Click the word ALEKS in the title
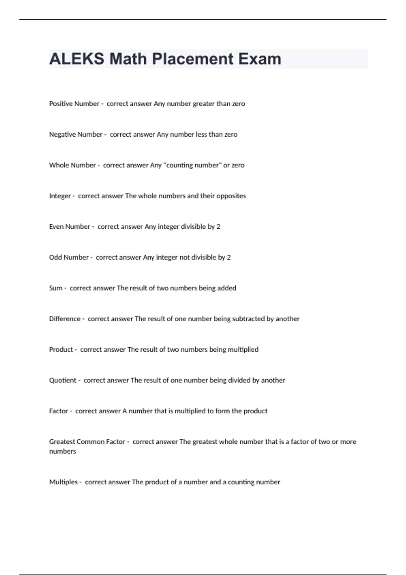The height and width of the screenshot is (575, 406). tap(76, 59)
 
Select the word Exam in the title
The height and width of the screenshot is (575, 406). tap(260, 59)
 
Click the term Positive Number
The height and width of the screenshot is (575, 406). tap(74, 104)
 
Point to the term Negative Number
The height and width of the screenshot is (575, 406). tap(75, 135)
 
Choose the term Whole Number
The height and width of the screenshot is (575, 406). tap(72, 165)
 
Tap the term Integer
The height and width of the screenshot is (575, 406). tap(60, 196)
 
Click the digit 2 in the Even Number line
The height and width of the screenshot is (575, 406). tap(218, 227)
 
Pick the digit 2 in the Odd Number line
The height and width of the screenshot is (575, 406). tap(229, 257)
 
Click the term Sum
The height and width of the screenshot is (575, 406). tap(55, 288)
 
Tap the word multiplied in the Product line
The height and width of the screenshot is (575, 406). tap(243, 349)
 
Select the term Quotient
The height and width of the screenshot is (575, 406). tap(63, 380)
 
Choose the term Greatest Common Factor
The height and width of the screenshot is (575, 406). tap(87, 442)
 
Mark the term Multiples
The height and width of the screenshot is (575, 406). tap(63, 482)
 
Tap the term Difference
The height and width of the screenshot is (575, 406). tap(65, 319)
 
